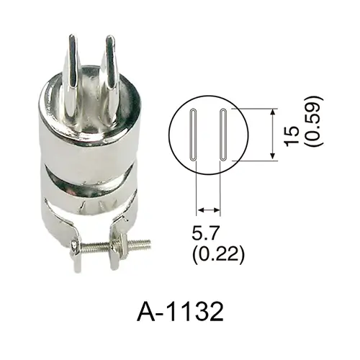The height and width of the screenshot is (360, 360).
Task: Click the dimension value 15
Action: pyautogui.click(x=292, y=135)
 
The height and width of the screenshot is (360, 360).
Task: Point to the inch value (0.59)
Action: pyautogui.click(x=313, y=121)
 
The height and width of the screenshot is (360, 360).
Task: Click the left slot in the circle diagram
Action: pyautogui.click(x=194, y=135)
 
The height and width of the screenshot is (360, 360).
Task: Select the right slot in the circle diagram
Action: pyautogui.click(x=223, y=135)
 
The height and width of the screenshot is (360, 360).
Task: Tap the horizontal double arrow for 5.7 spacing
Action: pyautogui.click(x=208, y=210)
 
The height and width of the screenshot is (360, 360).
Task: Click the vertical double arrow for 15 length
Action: pyautogui.click(x=272, y=134)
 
